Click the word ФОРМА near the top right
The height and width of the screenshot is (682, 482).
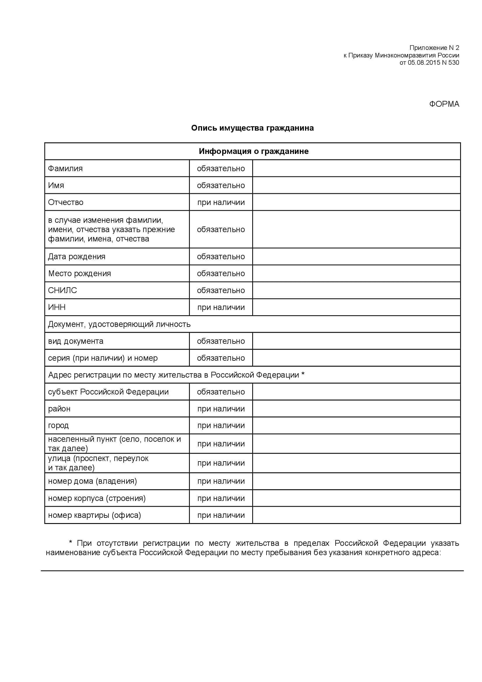click(444, 104)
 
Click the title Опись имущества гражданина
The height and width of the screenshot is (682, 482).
click(252, 128)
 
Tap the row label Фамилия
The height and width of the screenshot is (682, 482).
click(65, 169)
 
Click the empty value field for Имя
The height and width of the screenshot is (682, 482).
click(356, 185)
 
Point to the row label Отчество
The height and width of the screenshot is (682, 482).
click(66, 202)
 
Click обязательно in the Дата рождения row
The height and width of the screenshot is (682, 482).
click(221, 257)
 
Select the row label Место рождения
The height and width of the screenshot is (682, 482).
click(79, 273)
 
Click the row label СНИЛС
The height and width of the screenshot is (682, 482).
click(62, 290)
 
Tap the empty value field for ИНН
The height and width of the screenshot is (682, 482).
click(356, 307)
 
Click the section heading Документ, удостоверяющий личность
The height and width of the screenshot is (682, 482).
click(119, 324)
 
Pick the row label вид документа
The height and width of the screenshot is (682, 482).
click(76, 341)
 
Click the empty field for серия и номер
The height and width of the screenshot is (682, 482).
click(356, 358)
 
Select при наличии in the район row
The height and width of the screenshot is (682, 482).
click(221, 409)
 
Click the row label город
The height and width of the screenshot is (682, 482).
click(58, 425)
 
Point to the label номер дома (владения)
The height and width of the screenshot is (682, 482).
click(92, 481)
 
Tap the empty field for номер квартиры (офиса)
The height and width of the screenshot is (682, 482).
click(356, 515)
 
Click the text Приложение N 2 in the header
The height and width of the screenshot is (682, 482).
click(434, 48)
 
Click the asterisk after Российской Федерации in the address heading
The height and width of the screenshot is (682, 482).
click(303, 374)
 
